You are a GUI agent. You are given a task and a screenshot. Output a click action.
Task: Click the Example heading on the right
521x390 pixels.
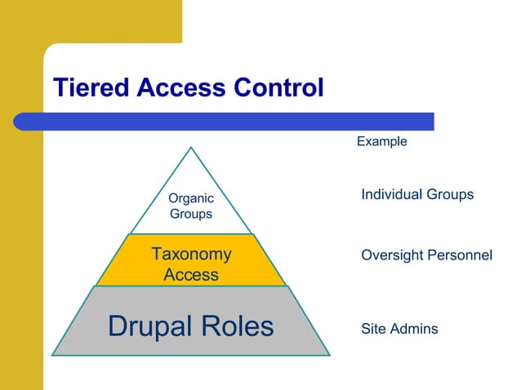pyautogui.click(x=381, y=142)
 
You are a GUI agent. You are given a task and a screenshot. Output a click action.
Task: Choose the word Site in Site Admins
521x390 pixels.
pyautogui.click(x=372, y=329)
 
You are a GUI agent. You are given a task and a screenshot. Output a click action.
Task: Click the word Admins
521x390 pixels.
pyautogui.click(x=412, y=329)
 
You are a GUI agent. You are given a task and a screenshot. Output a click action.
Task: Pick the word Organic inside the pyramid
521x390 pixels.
pyautogui.click(x=190, y=198)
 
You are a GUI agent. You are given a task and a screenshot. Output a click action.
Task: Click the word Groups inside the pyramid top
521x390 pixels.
pyautogui.click(x=190, y=215)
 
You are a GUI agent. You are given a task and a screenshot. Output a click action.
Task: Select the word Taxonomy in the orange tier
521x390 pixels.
pyautogui.click(x=191, y=255)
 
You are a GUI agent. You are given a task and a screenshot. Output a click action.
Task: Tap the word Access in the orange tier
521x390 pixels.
pyautogui.click(x=191, y=275)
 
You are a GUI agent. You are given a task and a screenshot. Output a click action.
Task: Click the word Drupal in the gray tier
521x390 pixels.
pyautogui.click(x=151, y=326)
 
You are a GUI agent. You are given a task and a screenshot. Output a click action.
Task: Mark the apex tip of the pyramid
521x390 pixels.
pyautogui.click(x=191, y=148)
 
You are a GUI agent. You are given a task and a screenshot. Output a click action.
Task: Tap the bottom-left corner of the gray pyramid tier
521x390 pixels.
pyautogui.click(x=53, y=355)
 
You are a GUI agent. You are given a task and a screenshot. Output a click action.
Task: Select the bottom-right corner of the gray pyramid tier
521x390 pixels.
pyautogui.click(x=329, y=355)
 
